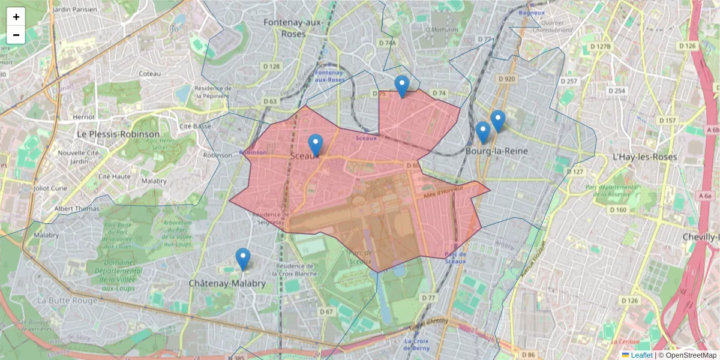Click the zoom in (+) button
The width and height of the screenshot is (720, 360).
click(x=16, y=17)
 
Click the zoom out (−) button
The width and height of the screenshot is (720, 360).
click(x=16, y=35)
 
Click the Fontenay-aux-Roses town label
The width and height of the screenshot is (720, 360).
click(x=293, y=28)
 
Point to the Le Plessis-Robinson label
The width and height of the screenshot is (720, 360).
click(x=118, y=134)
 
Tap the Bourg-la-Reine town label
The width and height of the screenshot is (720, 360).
click(x=497, y=151)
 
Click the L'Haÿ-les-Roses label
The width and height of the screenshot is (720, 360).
click(x=644, y=157)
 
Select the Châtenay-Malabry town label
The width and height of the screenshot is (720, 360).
click(x=227, y=283)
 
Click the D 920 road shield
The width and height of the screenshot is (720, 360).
click(x=507, y=79)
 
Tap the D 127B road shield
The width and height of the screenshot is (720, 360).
click(x=600, y=46)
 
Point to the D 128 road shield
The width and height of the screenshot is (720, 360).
click(x=271, y=67)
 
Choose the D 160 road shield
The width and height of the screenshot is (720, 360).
click(x=617, y=210)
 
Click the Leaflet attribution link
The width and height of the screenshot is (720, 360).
click(x=641, y=355)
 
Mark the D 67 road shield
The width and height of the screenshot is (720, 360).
click(x=326, y=312)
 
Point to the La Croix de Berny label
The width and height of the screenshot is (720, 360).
click(x=416, y=344)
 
